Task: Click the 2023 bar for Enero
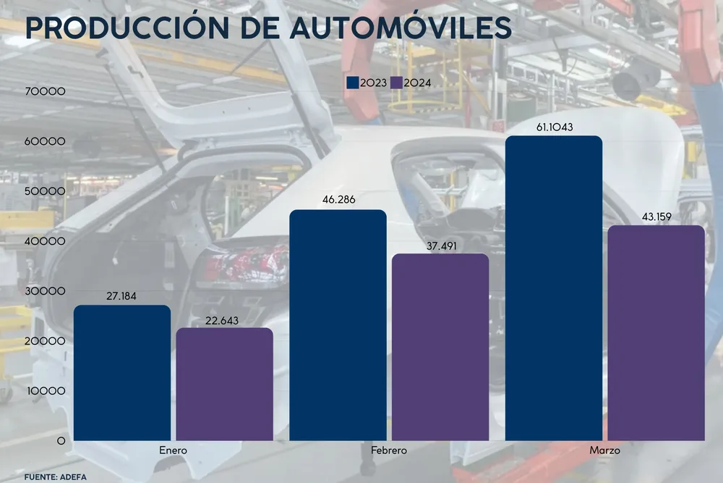tap(122, 373)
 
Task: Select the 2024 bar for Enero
tap(225, 385)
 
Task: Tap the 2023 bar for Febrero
tap(338, 325)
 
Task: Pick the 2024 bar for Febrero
tap(440, 347)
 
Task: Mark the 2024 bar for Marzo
tap(656, 333)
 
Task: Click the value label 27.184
tap(121, 296)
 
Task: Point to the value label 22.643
tap(224, 320)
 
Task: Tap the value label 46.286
tap(338, 201)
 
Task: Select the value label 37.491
tap(440, 245)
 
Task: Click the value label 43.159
tap(656, 217)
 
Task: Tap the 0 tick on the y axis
tap(61, 440)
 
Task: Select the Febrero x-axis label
tap(389, 450)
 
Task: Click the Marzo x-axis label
tap(604, 450)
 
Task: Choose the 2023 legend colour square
tap(354, 83)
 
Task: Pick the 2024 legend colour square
tap(396, 83)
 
